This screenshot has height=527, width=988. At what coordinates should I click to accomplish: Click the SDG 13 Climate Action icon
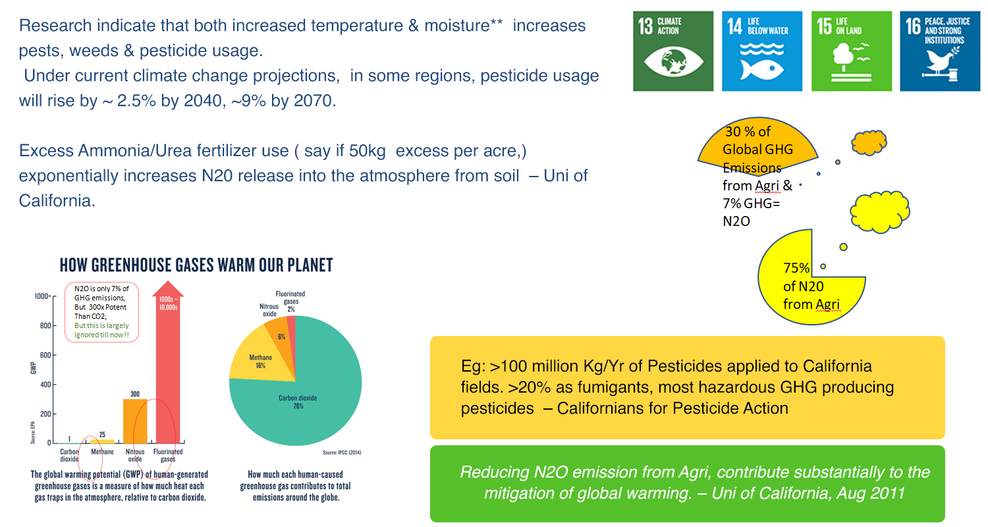click(x=672, y=51)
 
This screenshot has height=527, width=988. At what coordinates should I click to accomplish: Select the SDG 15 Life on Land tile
click(x=852, y=51)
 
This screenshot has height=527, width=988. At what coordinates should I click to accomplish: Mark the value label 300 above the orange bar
click(x=135, y=393)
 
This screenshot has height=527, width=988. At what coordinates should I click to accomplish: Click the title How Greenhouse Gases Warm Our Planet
click(x=196, y=265)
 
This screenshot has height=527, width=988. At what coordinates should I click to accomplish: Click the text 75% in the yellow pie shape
click(x=795, y=268)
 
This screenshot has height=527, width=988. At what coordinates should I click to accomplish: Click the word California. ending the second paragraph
click(x=57, y=200)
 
